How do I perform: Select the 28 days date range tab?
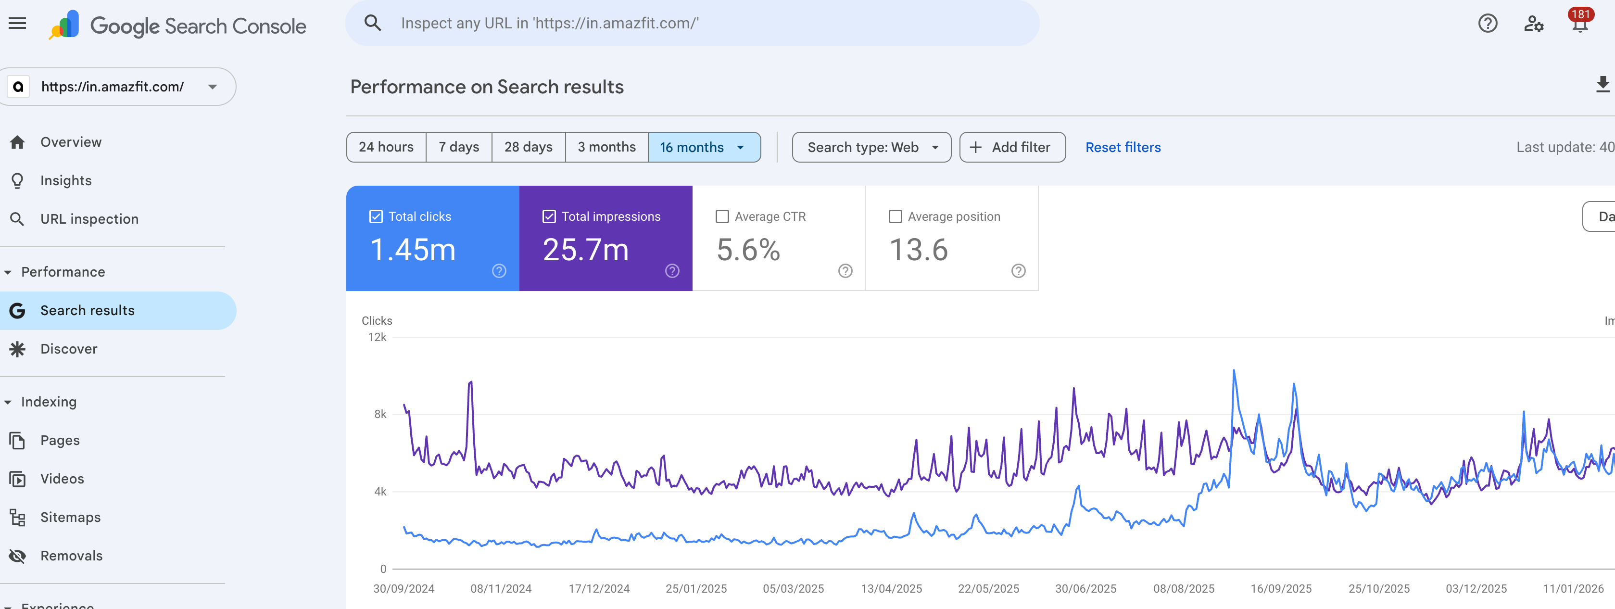pyautogui.click(x=528, y=147)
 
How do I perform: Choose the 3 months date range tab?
pyautogui.click(x=606, y=147)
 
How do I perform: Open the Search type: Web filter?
pyautogui.click(x=871, y=147)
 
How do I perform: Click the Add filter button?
pyautogui.click(x=1011, y=147)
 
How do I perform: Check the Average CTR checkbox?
pyautogui.click(x=722, y=216)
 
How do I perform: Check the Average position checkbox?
pyautogui.click(x=896, y=216)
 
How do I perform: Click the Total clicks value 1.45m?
pyautogui.click(x=413, y=250)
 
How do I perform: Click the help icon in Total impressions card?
pyautogui.click(x=671, y=271)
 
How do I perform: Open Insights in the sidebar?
pyautogui.click(x=66, y=180)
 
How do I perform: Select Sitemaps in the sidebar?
pyautogui.click(x=70, y=518)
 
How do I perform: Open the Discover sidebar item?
pyautogui.click(x=69, y=349)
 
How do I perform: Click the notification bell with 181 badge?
pyautogui.click(x=1579, y=24)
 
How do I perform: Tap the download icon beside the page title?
pyautogui.click(x=1602, y=85)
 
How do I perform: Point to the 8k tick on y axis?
pyautogui.click(x=380, y=414)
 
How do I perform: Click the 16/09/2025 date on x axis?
pyautogui.click(x=1280, y=588)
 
